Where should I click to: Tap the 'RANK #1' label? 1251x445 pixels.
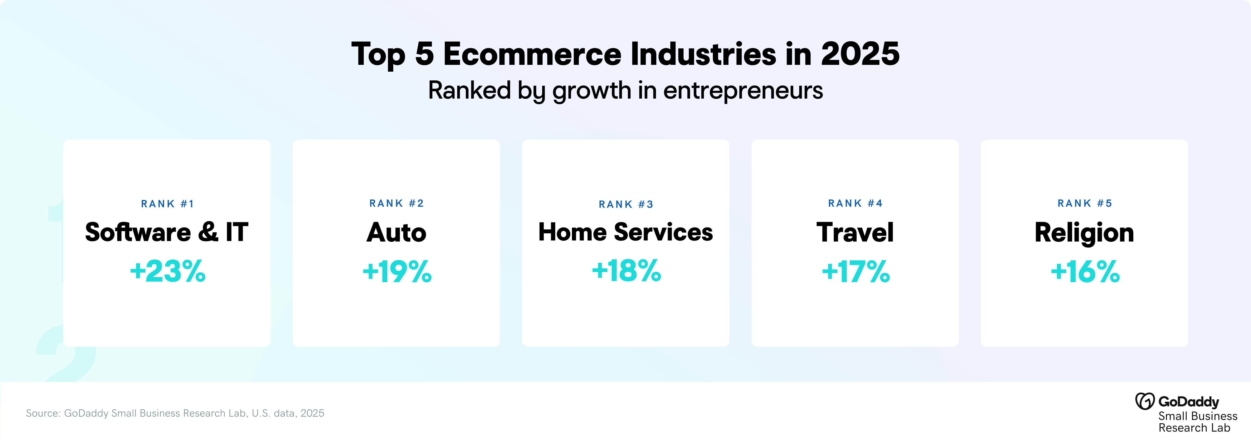click(x=167, y=204)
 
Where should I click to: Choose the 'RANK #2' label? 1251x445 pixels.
click(x=396, y=203)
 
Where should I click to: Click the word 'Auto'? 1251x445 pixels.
click(x=396, y=233)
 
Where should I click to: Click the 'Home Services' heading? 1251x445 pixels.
click(x=625, y=232)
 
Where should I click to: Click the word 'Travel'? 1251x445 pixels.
click(x=855, y=233)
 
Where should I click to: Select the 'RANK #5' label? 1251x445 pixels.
click(x=1085, y=203)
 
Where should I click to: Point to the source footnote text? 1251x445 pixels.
click(x=175, y=413)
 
